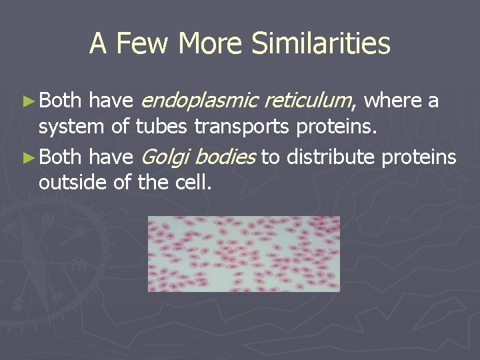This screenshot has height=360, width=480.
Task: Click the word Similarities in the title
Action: [321, 44]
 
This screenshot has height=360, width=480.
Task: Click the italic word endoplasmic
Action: [200, 101]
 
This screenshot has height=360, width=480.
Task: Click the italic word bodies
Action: [225, 157]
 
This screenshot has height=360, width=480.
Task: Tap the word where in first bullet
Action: [394, 101]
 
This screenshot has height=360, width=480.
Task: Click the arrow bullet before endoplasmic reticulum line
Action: [28, 101]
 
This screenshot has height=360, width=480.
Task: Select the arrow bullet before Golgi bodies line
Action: [28, 157]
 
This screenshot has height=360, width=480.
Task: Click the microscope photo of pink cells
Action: [243, 253]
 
